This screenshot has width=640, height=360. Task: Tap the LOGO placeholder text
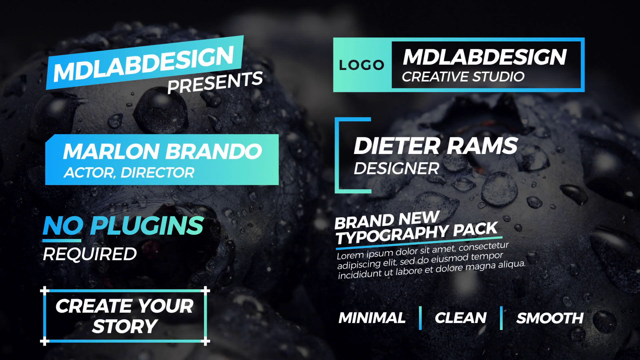[362, 65]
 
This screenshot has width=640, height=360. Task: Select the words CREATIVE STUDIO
[463, 77]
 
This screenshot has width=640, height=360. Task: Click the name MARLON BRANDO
[162, 151]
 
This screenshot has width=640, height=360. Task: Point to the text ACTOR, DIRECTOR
[129, 173]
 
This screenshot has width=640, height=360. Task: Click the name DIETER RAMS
[436, 146]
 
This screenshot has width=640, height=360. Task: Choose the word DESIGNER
[396, 168]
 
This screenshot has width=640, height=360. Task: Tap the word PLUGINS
[147, 226]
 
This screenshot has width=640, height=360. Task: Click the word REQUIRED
[90, 254]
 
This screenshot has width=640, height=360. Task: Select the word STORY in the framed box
[125, 326]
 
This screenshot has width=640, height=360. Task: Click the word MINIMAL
[372, 318]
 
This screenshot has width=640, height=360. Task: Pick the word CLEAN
[461, 318]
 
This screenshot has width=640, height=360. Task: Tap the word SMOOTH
[550, 318]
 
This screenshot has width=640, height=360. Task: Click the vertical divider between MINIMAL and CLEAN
[420, 318]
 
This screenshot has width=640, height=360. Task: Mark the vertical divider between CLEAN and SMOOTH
[501, 318]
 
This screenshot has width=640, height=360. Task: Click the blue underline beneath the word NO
[62, 240]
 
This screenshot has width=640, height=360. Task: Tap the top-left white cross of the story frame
[45, 291]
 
